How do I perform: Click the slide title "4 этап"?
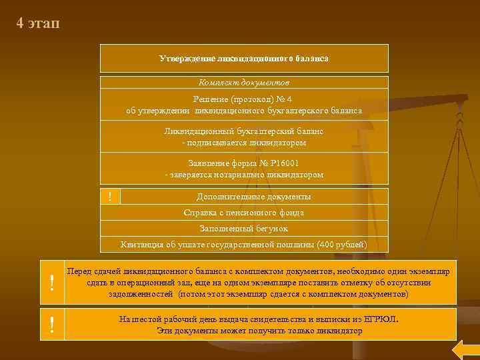[x=38, y=24]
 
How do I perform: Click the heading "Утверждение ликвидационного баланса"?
[x=244, y=59]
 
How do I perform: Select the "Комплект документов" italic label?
[x=244, y=83]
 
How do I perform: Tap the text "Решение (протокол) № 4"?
[x=244, y=99]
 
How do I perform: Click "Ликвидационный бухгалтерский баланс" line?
[x=244, y=131]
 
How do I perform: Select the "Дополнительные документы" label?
[x=253, y=197]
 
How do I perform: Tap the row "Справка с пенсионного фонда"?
[x=244, y=213]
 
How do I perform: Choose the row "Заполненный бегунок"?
[x=244, y=229]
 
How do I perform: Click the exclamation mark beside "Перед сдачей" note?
[x=52, y=283]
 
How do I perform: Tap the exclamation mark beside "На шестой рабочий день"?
[x=52, y=325]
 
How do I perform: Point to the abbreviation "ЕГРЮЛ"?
[x=381, y=319]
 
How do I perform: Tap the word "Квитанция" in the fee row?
[x=142, y=245]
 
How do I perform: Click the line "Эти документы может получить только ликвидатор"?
[x=260, y=331]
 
